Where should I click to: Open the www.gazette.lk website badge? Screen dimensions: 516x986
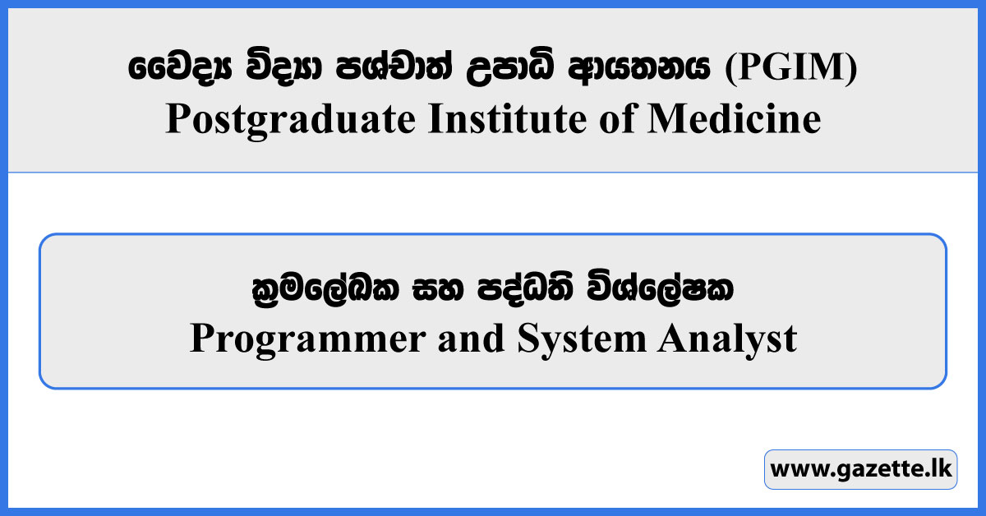tap(860, 470)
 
